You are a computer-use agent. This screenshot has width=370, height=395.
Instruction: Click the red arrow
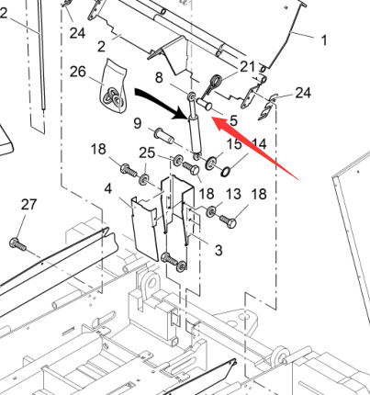tap(254, 148)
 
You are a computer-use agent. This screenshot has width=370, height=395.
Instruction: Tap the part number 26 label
tap(78, 72)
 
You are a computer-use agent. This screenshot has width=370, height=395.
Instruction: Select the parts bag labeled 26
tap(113, 87)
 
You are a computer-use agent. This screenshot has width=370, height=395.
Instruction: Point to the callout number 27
tap(28, 205)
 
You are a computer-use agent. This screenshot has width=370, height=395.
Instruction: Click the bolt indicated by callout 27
tap(17, 244)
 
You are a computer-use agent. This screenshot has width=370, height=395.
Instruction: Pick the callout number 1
tap(324, 40)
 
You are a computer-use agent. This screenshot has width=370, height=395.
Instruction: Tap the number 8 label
tap(159, 78)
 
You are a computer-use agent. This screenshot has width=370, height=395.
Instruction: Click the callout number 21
tap(247, 66)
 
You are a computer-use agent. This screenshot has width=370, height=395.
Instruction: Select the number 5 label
tap(233, 120)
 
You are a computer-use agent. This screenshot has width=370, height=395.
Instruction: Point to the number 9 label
tap(138, 123)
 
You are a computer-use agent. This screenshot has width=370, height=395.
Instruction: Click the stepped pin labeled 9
tap(163, 136)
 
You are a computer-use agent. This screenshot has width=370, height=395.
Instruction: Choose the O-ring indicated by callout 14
tap(225, 172)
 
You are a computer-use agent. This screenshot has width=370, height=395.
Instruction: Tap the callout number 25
tap(147, 152)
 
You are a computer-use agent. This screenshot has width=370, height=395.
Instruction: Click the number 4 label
tap(108, 189)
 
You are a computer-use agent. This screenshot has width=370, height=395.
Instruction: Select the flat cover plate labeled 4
tap(144, 229)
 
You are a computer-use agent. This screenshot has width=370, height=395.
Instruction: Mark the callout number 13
tap(233, 194)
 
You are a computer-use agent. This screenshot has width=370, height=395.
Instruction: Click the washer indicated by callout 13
tap(211, 211)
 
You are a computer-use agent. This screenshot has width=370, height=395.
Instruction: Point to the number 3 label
tap(219, 251)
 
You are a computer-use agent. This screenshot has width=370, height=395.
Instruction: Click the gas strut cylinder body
tap(195, 134)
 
